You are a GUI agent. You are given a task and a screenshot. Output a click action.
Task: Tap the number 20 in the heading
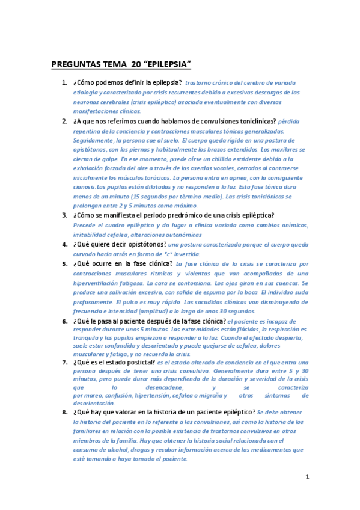[135, 64]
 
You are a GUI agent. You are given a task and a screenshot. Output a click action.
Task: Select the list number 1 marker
[65, 82]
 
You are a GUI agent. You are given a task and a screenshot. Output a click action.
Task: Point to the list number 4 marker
[65, 244]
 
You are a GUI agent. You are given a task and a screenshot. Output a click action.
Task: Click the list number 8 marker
[65, 412]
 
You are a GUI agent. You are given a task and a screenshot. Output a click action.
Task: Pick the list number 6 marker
[65, 321]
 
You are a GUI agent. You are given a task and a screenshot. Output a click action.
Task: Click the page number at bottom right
[307, 476]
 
